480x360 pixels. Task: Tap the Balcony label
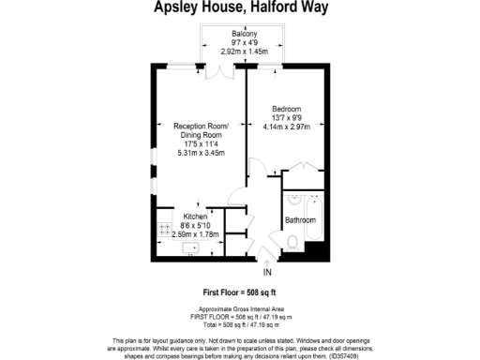pyautogui.click(x=244, y=34)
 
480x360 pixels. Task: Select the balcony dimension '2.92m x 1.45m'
pyautogui.click(x=244, y=52)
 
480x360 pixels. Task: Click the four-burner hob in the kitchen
pyautogui.click(x=164, y=228)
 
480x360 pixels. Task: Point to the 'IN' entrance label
pyautogui.click(x=267, y=272)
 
